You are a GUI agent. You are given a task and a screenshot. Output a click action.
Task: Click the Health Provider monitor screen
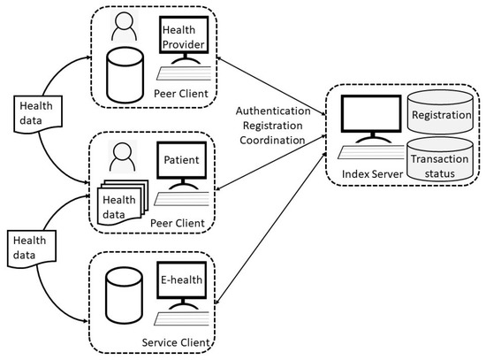pos(184,35)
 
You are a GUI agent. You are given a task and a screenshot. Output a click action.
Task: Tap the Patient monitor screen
pos(182,160)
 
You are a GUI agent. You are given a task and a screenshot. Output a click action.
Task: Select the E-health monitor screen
pos(182,280)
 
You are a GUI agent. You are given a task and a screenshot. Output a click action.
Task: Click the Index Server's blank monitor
pos(371,114)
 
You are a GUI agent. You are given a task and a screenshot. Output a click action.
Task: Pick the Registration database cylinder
pos(440,111)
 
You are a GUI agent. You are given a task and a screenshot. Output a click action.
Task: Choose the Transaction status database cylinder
pos(440,159)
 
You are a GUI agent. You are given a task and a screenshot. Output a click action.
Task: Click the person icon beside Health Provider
pos(124,27)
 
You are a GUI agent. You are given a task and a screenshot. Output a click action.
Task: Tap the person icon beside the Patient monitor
pos(123,157)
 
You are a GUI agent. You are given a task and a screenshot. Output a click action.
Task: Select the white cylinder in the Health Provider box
pos(125,75)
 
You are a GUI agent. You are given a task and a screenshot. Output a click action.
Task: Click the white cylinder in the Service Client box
pos(124,295)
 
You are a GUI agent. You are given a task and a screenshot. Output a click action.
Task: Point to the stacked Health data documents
pos(123,203)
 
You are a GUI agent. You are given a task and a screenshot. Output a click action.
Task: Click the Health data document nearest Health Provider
pos(38,114)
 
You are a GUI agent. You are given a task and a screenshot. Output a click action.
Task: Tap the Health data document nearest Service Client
pos(32,249)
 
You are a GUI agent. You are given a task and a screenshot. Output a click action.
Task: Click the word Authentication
pos(273,111)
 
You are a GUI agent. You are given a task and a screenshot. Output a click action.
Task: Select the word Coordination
pos(272,140)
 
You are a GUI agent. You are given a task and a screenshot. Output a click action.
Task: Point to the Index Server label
pos(372,174)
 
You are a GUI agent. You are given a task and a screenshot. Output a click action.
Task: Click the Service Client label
pos(176,342)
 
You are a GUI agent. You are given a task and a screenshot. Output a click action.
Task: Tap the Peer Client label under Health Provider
pos(181,94)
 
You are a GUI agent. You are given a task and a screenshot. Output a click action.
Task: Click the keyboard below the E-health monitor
pos(182,318)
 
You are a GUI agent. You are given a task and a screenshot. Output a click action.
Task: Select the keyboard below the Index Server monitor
pos(372,152)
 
